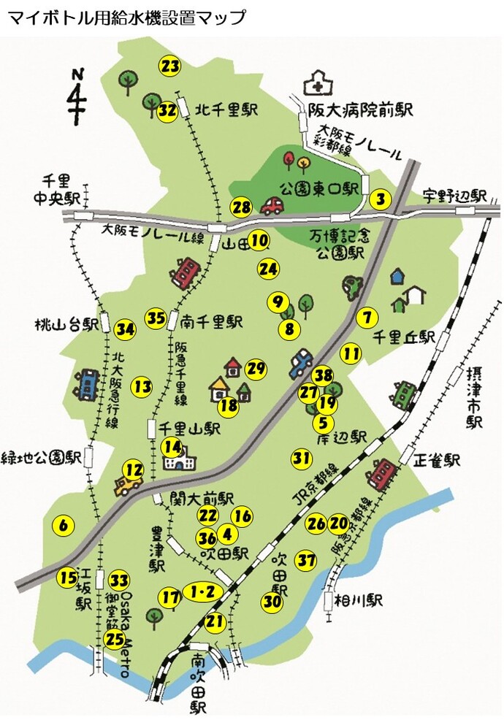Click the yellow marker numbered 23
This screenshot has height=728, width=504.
169,66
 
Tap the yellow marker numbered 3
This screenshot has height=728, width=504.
380,199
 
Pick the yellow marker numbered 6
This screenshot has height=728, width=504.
64,524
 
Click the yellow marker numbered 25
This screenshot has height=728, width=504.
115,640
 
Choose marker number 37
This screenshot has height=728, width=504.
307,561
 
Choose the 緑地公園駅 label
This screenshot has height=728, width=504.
41,458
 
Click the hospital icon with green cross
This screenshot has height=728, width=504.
316,83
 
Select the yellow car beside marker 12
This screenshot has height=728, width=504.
129,485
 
